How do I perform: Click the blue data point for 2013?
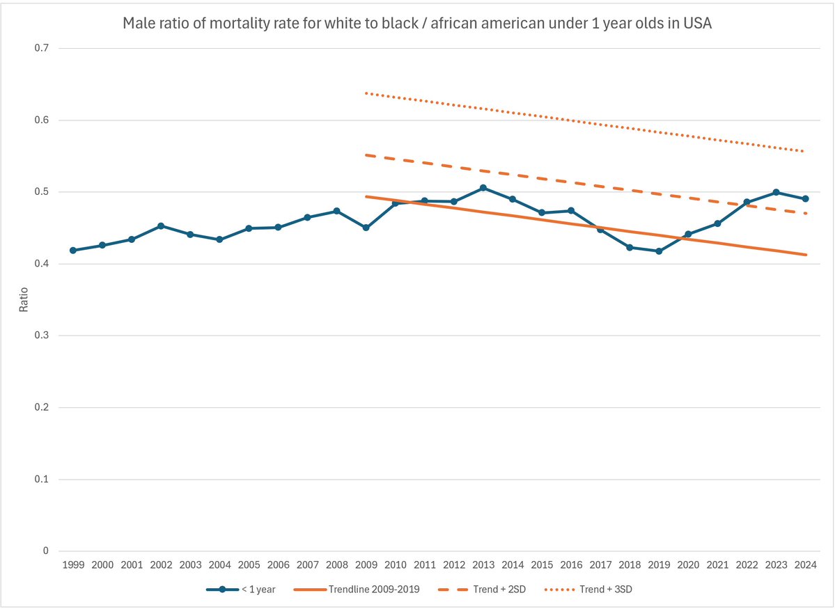[x=483, y=188]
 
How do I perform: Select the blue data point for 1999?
[x=72, y=251]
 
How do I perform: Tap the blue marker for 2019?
[x=659, y=251]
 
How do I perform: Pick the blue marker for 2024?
[x=805, y=199]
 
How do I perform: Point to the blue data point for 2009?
[x=366, y=228]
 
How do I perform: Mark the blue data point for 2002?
[x=161, y=226]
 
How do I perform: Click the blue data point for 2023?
[x=776, y=192]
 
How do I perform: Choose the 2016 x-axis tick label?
[x=570, y=565]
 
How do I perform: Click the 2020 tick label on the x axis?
[x=688, y=565]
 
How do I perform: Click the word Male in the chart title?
[x=137, y=24]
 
